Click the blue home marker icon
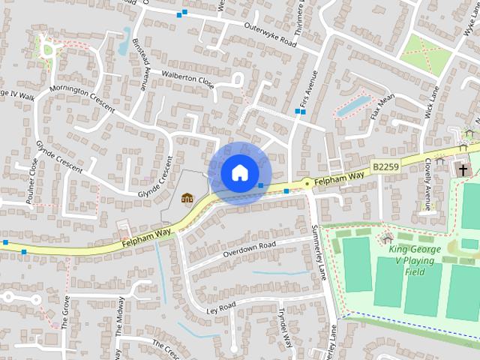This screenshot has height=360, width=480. pyautogui.click(x=238, y=172)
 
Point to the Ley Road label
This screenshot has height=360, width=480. pyautogui.click(x=221, y=307)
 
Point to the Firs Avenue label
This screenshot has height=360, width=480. pyautogui.click(x=308, y=88)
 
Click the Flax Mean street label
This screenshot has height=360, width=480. pyautogui.click(x=382, y=106)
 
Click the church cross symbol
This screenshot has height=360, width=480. pyautogui.click(x=463, y=170)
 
